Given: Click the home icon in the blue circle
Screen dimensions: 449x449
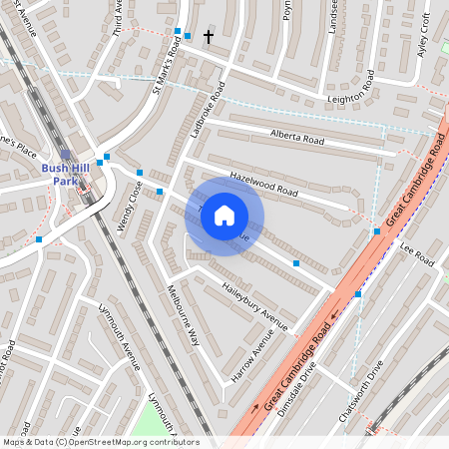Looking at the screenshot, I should coord(224,216).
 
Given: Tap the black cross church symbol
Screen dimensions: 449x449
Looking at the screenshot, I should coord(209,37).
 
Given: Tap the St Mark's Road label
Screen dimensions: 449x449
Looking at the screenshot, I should coord(164,71).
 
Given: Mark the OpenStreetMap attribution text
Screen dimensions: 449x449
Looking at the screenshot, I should coord(101,442).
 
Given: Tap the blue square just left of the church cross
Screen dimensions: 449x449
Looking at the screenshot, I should coord(188,36).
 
